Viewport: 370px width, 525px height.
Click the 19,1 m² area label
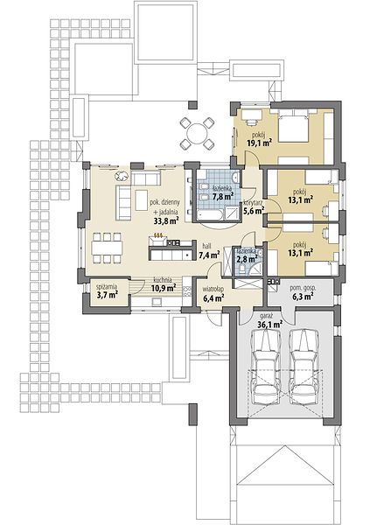pyautogui.click(x=259, y=143)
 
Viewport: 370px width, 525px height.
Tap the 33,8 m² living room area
pyautogui.click(x=165, y=220)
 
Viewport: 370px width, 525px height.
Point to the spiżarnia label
pyautogui.click(x=107, y=287)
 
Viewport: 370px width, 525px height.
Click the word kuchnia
pyautogui.click(x=163, y=280)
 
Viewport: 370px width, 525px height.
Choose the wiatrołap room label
pyautogui.click(x=213, y=289)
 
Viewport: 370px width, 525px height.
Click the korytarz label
pyautogui.click(x=253, y=203)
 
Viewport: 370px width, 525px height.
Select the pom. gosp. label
pyautogui.click(x=303, y=288)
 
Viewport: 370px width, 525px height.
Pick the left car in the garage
pyautogui.click(x=267, y=367)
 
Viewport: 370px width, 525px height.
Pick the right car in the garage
pyautogui.click(x=304, y=367)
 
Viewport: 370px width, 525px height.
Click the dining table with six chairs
pyautogui.click(x=107, y=248)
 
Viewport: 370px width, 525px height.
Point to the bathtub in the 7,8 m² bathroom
pyautogui.click(x=210, y=214)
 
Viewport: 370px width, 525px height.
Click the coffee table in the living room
pyautogui.click(x=142, y=200)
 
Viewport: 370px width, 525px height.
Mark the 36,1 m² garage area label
pyautogui.click(x=270, y=324)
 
